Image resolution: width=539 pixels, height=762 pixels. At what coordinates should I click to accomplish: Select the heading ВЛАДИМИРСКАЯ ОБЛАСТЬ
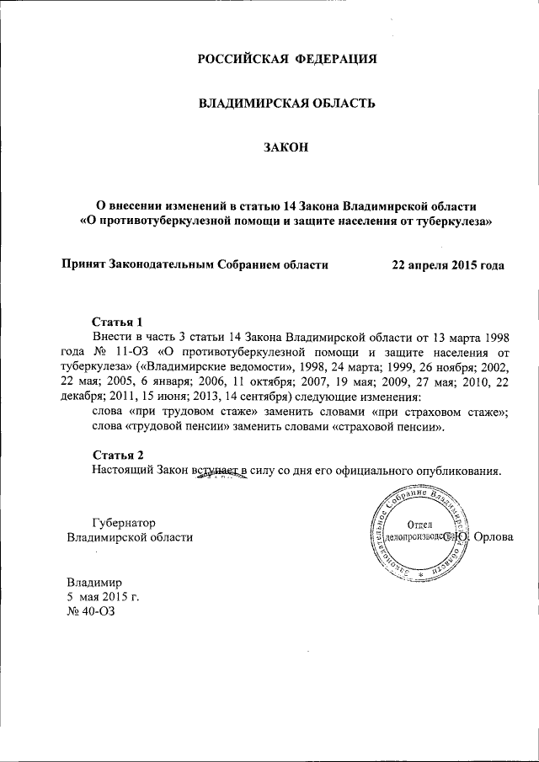[x=286, y=104]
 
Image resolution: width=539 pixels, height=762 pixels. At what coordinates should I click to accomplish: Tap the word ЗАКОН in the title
[x=286, y=148]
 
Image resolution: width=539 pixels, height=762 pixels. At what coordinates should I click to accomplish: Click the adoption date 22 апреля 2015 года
[x=448, y=264]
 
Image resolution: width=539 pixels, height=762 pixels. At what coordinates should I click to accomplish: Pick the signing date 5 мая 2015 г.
[x=103, y=597]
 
